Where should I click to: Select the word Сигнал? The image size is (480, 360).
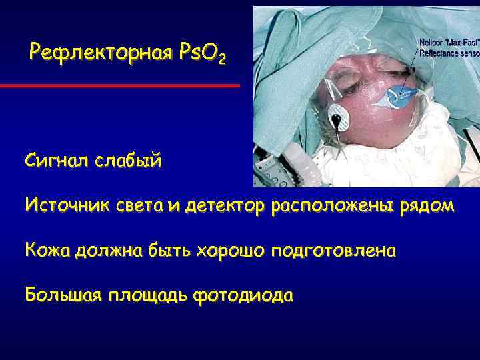point(57,161)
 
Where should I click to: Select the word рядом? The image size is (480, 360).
point(427,207)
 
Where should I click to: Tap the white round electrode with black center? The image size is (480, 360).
point(341,120)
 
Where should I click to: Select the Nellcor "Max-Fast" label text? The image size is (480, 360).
point(447,43)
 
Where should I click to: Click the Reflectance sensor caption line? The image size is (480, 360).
point(448,52)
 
